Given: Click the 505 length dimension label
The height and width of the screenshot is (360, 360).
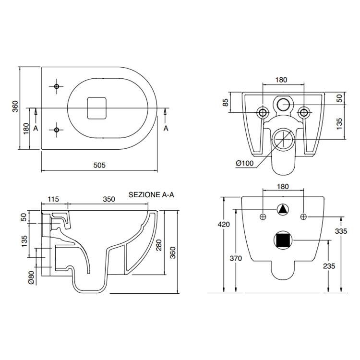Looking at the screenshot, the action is [99, 165].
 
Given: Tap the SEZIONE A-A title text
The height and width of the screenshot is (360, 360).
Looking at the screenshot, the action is [151, 195].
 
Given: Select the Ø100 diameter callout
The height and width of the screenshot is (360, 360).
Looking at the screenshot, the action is [245, 163].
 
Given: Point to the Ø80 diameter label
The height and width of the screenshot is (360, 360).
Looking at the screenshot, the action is [31, 278].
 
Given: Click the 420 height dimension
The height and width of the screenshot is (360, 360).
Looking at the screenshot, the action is [224, 224].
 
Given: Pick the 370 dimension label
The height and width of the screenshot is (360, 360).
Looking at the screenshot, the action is [236, 258].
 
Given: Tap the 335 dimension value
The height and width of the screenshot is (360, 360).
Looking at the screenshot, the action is [341, 231].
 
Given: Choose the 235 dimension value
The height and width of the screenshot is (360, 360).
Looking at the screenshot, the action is [329, 266].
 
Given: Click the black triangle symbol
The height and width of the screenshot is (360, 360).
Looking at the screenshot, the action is [283, 209].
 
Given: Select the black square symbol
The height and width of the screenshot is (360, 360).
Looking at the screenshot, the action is [283, 240].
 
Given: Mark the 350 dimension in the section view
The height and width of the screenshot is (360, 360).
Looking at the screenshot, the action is [109, 199].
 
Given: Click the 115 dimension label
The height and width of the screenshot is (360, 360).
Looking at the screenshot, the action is [53, 199].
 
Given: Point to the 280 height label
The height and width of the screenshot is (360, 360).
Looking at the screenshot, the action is [159, 245].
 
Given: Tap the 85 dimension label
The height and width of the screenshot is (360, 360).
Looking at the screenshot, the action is [226, 102].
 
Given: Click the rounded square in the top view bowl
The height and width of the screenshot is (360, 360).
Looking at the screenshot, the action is [96, 108].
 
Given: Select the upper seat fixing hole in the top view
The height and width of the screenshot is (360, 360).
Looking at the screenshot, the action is [57, 86].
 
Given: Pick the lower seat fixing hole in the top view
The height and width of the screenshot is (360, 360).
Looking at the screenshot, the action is [57, 130].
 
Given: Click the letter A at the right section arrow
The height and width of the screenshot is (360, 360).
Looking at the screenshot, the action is [166, 128].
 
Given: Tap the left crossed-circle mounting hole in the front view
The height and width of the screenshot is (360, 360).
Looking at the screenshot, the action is [263, 216].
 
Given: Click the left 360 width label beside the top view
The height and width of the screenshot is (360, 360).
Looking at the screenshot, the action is [15, 106].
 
